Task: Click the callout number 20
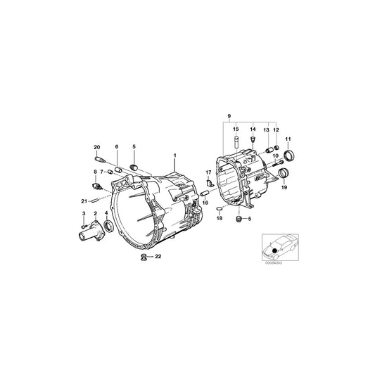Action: pyautogui.click(x=97, y=146)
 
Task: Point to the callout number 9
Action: pyautogui.click(x=228, y=115)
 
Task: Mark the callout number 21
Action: pyautogui.click(x=83, y=201)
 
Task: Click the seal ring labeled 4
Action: pyautogui.click(x=107, y=226)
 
